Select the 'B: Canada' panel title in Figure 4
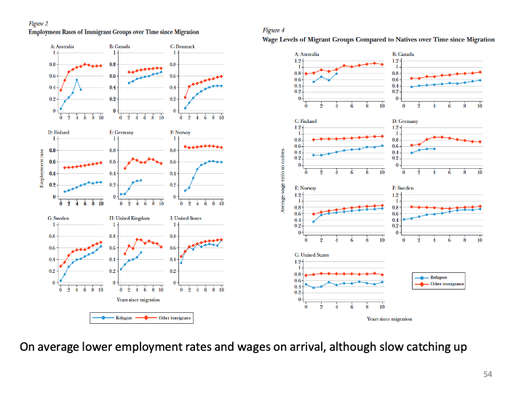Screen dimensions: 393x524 [x=404, y=55]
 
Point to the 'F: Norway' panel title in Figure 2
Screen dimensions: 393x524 [x=180, y=132]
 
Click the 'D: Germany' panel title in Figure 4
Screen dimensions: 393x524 [x=405, y=121]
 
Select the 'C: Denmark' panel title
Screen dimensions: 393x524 [x=182, y=46]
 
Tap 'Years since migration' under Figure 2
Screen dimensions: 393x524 [x=138, y=299]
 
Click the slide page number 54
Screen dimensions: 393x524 [x=488, y=373]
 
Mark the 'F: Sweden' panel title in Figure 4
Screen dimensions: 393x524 [x=404, y=188]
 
